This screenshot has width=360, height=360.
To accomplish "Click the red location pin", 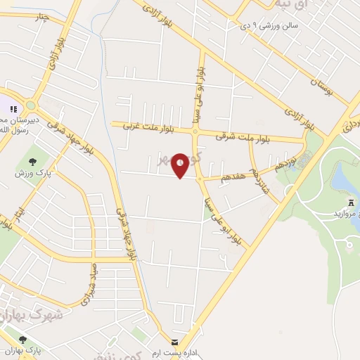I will click(x=181, y=165).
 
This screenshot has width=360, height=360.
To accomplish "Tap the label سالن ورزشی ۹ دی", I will click(x=269, y=26).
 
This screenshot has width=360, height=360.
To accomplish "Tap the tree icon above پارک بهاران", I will click(x=22, y=340).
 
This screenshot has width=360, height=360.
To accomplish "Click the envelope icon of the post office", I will click(x=173, y=341).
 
